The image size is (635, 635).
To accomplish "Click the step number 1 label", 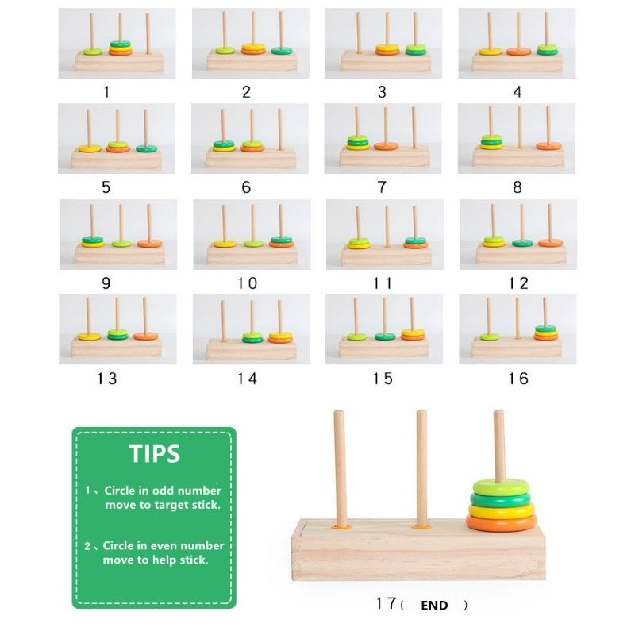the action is (x=106, y=92).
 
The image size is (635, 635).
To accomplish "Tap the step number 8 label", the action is (x=518, y=187).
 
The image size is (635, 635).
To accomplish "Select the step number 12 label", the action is (x=518, y=283).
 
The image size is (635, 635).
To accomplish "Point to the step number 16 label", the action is (x=518, y=379).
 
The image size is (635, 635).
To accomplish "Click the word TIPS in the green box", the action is (x=155, y=454).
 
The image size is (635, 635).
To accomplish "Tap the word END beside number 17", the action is (x=434, y=606).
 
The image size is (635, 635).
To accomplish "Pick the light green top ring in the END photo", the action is (x=501, y=487).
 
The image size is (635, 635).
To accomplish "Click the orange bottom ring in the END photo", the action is (x=502, y=523).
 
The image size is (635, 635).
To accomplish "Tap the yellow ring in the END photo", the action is (x=502, y=511).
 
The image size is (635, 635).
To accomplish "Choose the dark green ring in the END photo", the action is (x=501, y=499).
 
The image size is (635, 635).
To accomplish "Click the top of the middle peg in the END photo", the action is (x=421, y=412).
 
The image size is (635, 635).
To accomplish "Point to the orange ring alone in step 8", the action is (x=548, y=146).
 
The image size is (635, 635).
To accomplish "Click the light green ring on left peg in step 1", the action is (x=93, y=52).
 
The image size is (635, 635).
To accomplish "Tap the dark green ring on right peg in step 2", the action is (x=282, y=51).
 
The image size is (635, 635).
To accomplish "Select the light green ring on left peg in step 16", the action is (x=490, y=337).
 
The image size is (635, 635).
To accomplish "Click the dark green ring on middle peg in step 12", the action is (x=522, y=243).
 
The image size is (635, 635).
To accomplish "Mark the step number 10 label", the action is (x=247, y=283).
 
